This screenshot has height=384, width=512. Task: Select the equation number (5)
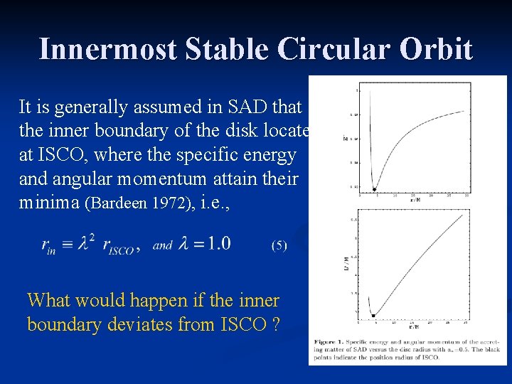point(279,245)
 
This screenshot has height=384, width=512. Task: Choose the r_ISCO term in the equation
point(117,247)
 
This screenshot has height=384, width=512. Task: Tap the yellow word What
point(50,301)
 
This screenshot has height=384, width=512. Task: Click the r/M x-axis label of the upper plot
point(413,201)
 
